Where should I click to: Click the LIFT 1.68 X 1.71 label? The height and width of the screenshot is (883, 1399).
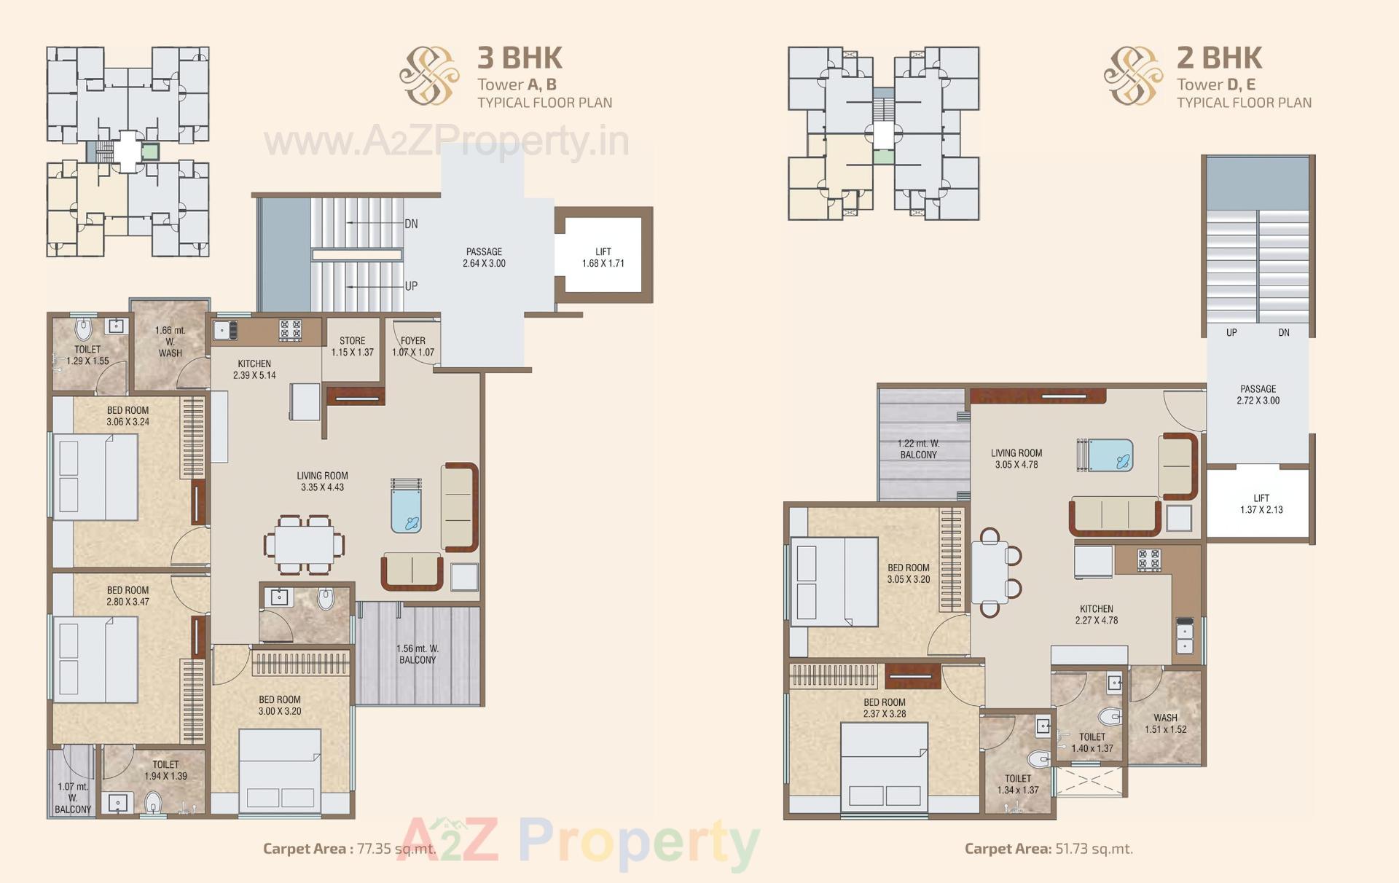(x=603, y=258)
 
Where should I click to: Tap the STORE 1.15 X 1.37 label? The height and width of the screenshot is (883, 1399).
(x=352, y=346)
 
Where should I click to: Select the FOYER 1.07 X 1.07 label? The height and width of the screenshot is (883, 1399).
(x=413, y=346)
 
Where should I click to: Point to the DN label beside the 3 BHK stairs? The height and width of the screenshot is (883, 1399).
(x=411, y=224)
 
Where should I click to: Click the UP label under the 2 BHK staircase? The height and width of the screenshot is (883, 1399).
(x=1231, y=332)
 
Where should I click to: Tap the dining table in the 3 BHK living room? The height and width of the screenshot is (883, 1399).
(x=305, y=544)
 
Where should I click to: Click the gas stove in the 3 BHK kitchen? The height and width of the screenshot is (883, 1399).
(x=290, y=330)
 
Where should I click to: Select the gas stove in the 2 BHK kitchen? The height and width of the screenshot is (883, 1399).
(x=1149, y=560)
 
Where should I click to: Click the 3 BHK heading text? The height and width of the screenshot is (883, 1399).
(x=520, y=58)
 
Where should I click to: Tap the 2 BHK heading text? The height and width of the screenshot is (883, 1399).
(x=1219, y=58)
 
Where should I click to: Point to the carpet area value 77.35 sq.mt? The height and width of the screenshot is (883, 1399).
(x=396, y=848)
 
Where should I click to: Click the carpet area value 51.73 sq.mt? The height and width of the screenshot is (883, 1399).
(x=1094, y=848)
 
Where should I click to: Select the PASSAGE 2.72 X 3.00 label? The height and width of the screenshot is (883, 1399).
(x=1258, y=395)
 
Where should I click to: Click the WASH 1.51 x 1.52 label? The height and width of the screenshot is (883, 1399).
(x=1165, y=723)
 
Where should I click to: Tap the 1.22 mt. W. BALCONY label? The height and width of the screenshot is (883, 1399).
(x=918, y=449)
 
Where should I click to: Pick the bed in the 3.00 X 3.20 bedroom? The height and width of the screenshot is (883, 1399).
(x=280, y=769)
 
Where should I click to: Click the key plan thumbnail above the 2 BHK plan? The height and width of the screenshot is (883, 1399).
(x=883, y=133)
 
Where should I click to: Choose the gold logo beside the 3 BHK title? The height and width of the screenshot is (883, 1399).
(x=429, y=75)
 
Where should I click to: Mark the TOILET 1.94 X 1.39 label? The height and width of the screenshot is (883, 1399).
(x=165, y=770)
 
